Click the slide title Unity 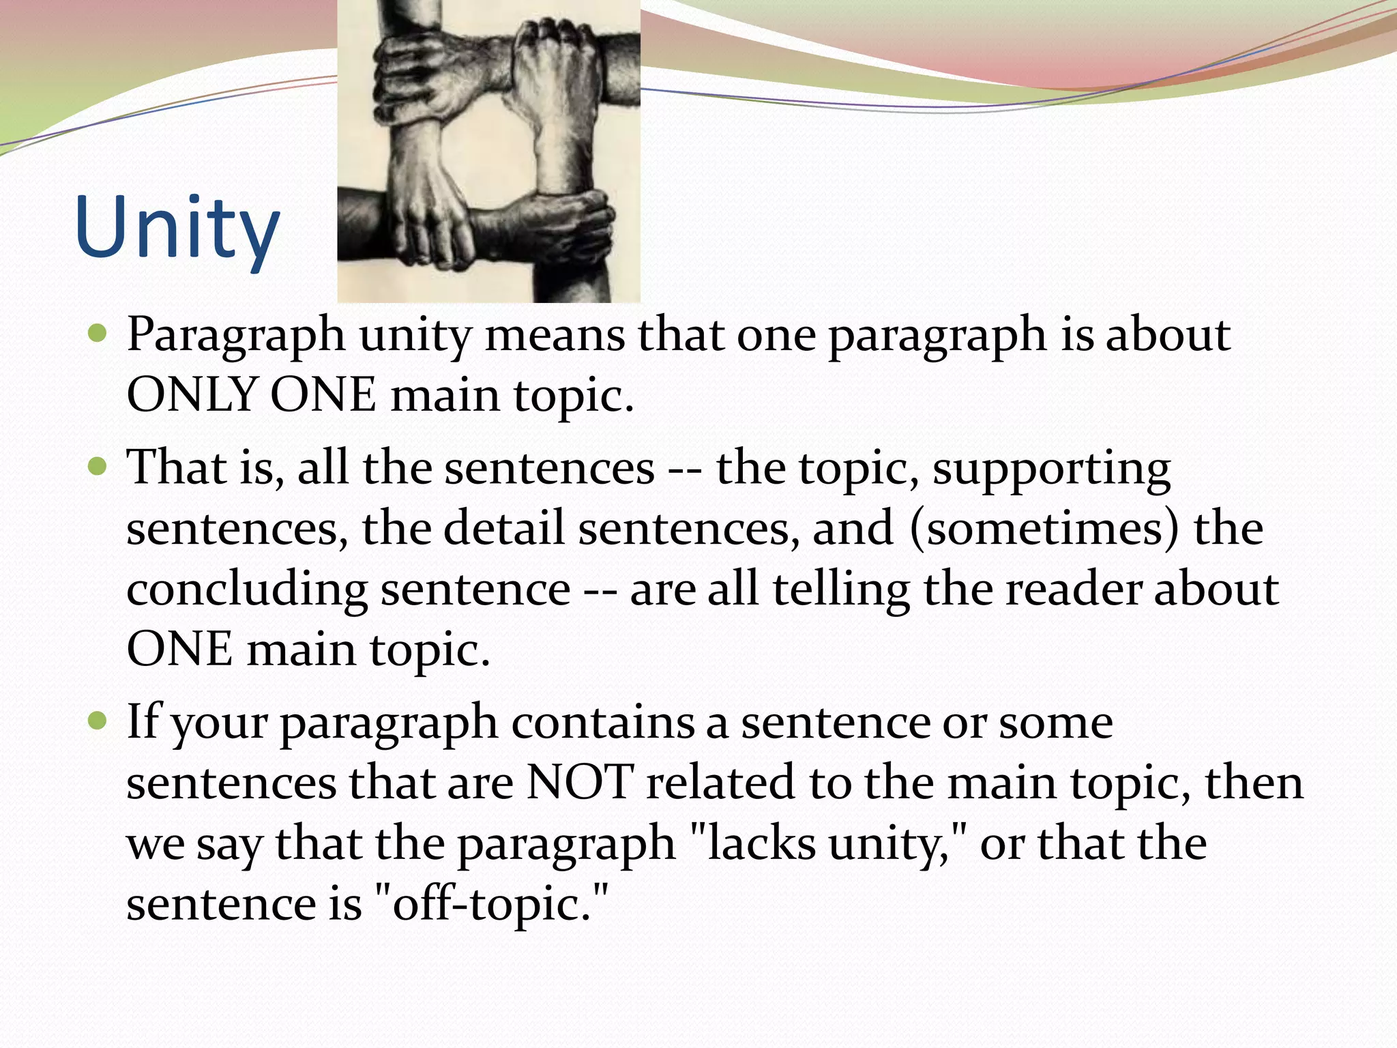pyautogui.click(x=177, y=229)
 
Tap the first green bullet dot pyautogui.click(x=98, y=334)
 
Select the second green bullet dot pyautogui.click(x=98, y=467)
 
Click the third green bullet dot pyautogui.click(x=98, y=720)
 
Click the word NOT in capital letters pyautogui.click(x=579, y=782)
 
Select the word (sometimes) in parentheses pyautogui.click(x=1044, y=528)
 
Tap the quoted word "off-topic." pyautogui.click(x=491, y=903)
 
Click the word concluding pyautogui.click(x=246, y=591)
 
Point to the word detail pyautogui.click(x=504, y=528)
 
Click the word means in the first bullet pyautogui.click(x=555, y=336)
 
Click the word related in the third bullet pyautogui.click(x=720, y=782)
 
